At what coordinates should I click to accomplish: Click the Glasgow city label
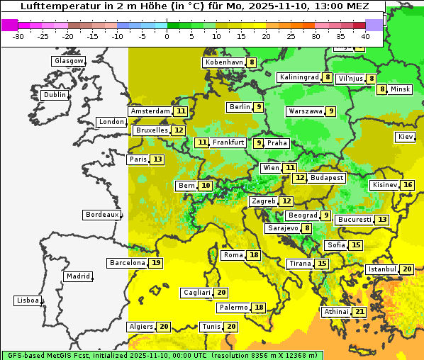(x=68, y=61)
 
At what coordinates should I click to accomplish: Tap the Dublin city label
(x=54, y=95)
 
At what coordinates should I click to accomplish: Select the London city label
(x=111, y=122)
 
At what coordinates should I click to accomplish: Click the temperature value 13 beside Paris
(x=157, y=159)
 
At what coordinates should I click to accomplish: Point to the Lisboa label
(x=27, y=300)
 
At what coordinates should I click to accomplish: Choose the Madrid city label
(x=77, y=276)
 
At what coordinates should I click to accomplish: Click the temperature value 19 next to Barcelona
(x=156, y=263)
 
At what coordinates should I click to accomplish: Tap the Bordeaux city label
(x=101, y=215)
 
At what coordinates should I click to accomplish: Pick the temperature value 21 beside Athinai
(x=359, y=312)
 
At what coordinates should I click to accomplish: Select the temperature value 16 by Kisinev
(x=408, y=185)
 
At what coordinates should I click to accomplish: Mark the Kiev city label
(x=406, y=137)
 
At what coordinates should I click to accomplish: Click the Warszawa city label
(x=306, y=111)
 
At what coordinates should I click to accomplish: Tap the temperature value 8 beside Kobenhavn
(x=252, y=62)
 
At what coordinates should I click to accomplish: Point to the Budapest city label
(x=327, y=178)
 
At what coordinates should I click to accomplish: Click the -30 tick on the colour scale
(x=19, y=36)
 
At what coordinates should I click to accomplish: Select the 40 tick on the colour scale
(x=364, y=36)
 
